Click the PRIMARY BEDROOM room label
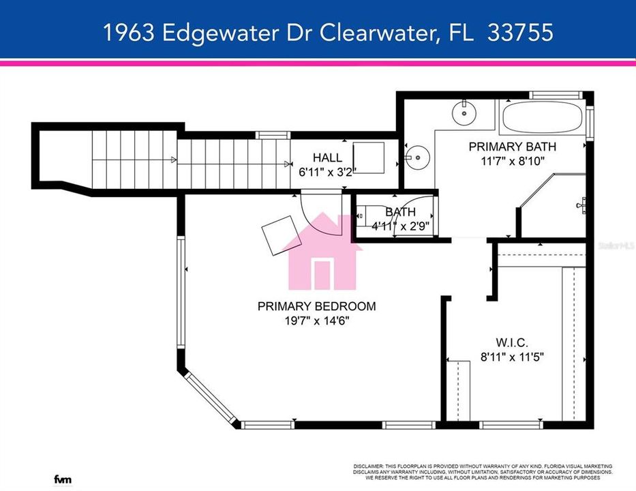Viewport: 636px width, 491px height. [316, 306]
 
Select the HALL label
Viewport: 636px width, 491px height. [327, 158]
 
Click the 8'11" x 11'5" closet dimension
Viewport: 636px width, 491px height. [513, 356]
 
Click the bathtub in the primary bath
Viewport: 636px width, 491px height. [543, 118]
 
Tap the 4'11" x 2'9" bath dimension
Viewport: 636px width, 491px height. [400, 226]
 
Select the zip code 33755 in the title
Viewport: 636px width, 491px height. [520, 32]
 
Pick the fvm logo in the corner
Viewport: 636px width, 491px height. [63, 480]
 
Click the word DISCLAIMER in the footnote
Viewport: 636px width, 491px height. [371, 465]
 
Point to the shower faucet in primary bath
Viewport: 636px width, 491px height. [581, 204]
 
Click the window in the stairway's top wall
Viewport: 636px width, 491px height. [269, 135]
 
